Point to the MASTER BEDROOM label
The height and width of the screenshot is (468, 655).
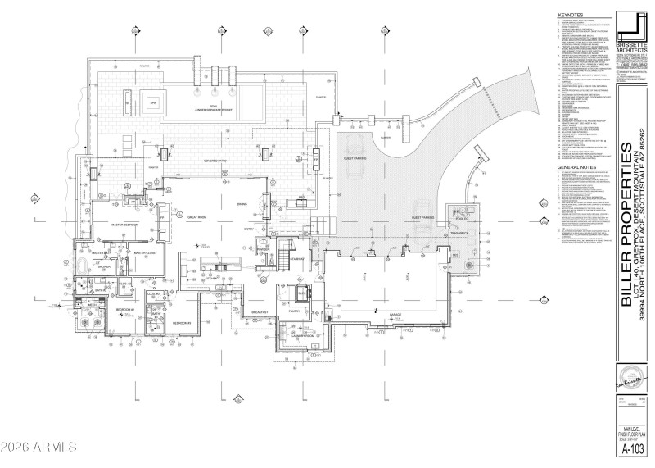120,225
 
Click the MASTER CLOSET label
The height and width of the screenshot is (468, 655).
145,253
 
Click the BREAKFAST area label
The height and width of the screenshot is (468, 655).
260,313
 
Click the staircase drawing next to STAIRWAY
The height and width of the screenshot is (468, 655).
281,261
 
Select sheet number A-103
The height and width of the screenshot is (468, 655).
632,449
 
